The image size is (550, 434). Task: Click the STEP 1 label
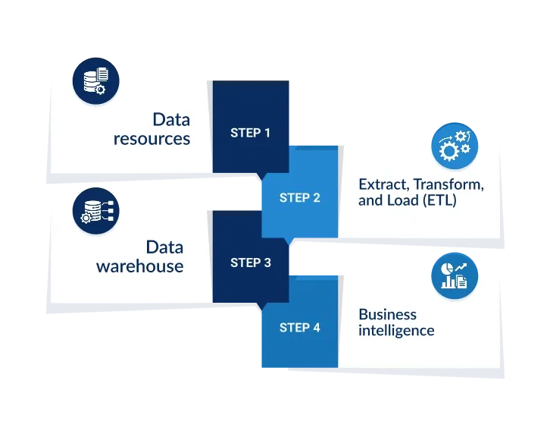point(250,133)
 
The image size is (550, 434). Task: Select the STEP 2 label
point(299,198)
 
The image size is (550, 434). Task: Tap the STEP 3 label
point(250,263)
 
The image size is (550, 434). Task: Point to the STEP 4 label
point(299,328)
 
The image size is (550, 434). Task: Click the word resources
point(152,140)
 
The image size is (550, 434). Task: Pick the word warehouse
point(139,267)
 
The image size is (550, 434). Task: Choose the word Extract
point(380,184)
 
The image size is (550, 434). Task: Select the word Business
point(387,314)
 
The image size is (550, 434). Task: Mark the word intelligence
point(396,330)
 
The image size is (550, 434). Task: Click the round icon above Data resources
point(95,80)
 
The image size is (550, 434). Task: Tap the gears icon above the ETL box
point(455,146)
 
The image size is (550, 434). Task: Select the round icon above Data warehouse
point(95,210)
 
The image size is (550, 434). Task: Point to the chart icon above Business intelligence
point(455,275)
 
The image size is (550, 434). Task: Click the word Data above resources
point(171,120)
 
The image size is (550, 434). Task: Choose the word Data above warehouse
point(164,247)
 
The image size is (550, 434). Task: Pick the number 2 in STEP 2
point(316,198)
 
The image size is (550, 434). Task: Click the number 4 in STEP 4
point(316,328)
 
